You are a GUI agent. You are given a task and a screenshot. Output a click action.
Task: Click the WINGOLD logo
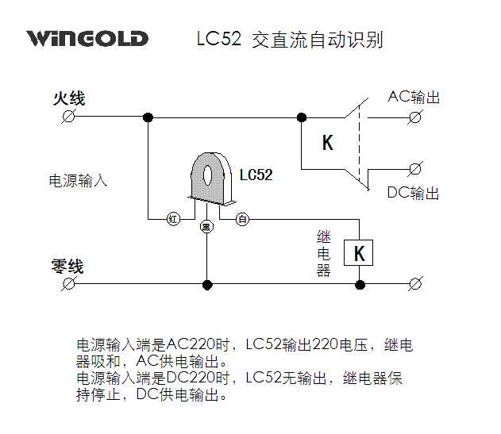coord(87,38)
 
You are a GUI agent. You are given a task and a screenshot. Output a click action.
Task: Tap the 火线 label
coord(69,99)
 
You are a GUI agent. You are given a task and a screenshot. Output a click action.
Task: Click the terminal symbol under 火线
coord(69,117)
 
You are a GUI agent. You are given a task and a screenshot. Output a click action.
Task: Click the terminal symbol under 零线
coord(69,283)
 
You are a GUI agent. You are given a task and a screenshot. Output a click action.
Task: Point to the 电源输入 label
coord(78,181)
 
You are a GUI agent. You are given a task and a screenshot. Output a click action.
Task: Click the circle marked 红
coord(172,218)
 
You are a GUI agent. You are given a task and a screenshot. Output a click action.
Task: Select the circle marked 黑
coord(206,227)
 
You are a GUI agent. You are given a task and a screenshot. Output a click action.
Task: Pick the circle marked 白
coord(242,218)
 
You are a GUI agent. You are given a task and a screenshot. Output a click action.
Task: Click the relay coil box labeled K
coord(359,253)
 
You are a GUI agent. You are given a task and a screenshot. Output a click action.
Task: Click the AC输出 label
coord(413,98)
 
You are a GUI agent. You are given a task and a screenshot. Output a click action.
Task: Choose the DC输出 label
coord(413,193)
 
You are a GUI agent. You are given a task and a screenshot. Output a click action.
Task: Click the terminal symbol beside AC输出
coord(414,117)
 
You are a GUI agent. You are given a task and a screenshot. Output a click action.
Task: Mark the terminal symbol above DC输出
coord(414,168)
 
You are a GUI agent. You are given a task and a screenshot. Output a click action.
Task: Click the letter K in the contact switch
coord(328,143)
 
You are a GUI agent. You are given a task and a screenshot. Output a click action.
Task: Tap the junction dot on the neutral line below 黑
coord(206,283)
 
